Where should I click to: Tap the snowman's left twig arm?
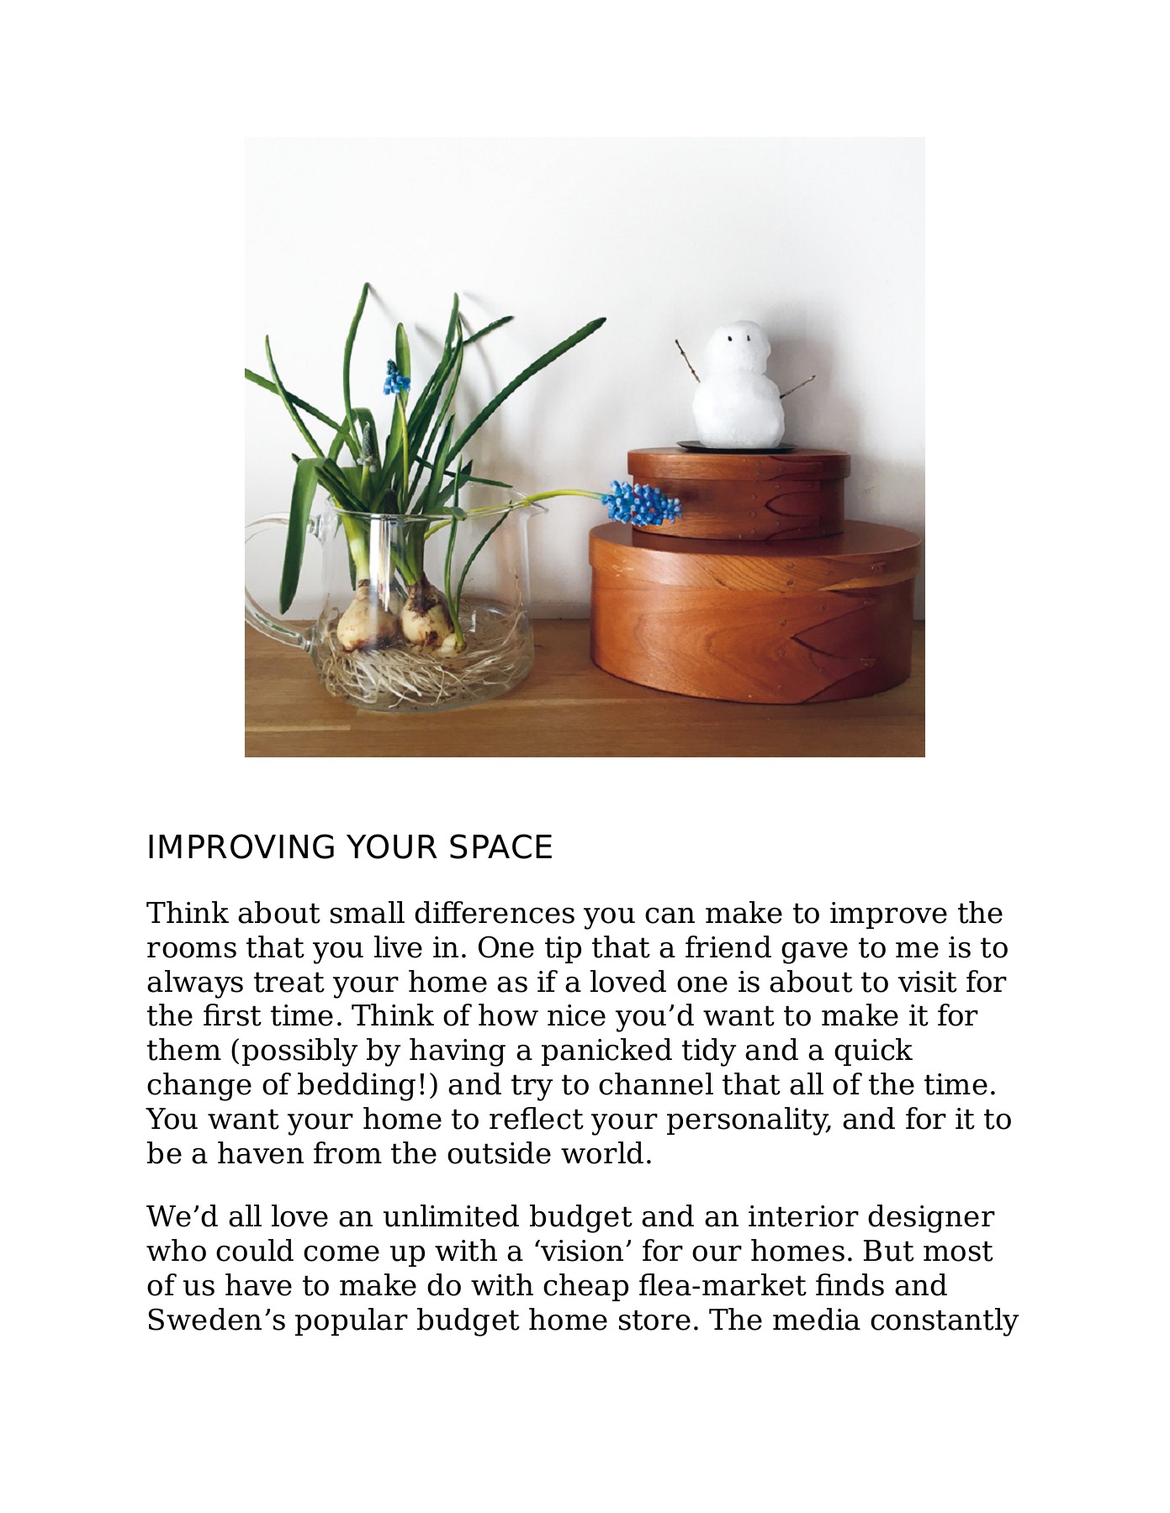(x=686, y=361)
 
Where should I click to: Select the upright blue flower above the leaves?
(x=393, y=378)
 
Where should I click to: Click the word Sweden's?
(x=214, y=1321)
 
